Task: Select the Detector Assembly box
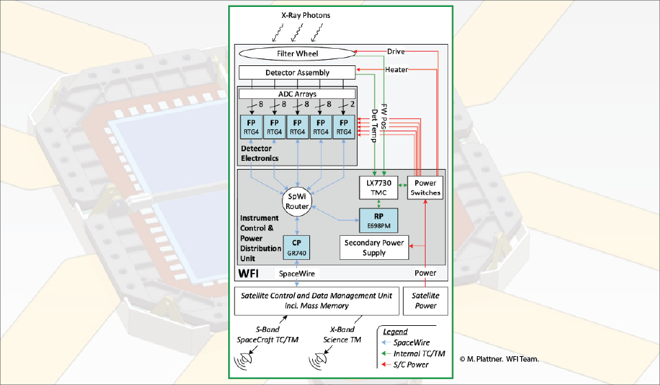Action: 297,72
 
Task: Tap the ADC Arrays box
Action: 297,93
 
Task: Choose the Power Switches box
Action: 424,188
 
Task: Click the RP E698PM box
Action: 377,220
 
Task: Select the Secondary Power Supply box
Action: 374,247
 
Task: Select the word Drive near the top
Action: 396,52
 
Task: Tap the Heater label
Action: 397,69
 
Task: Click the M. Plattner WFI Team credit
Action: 499,359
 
